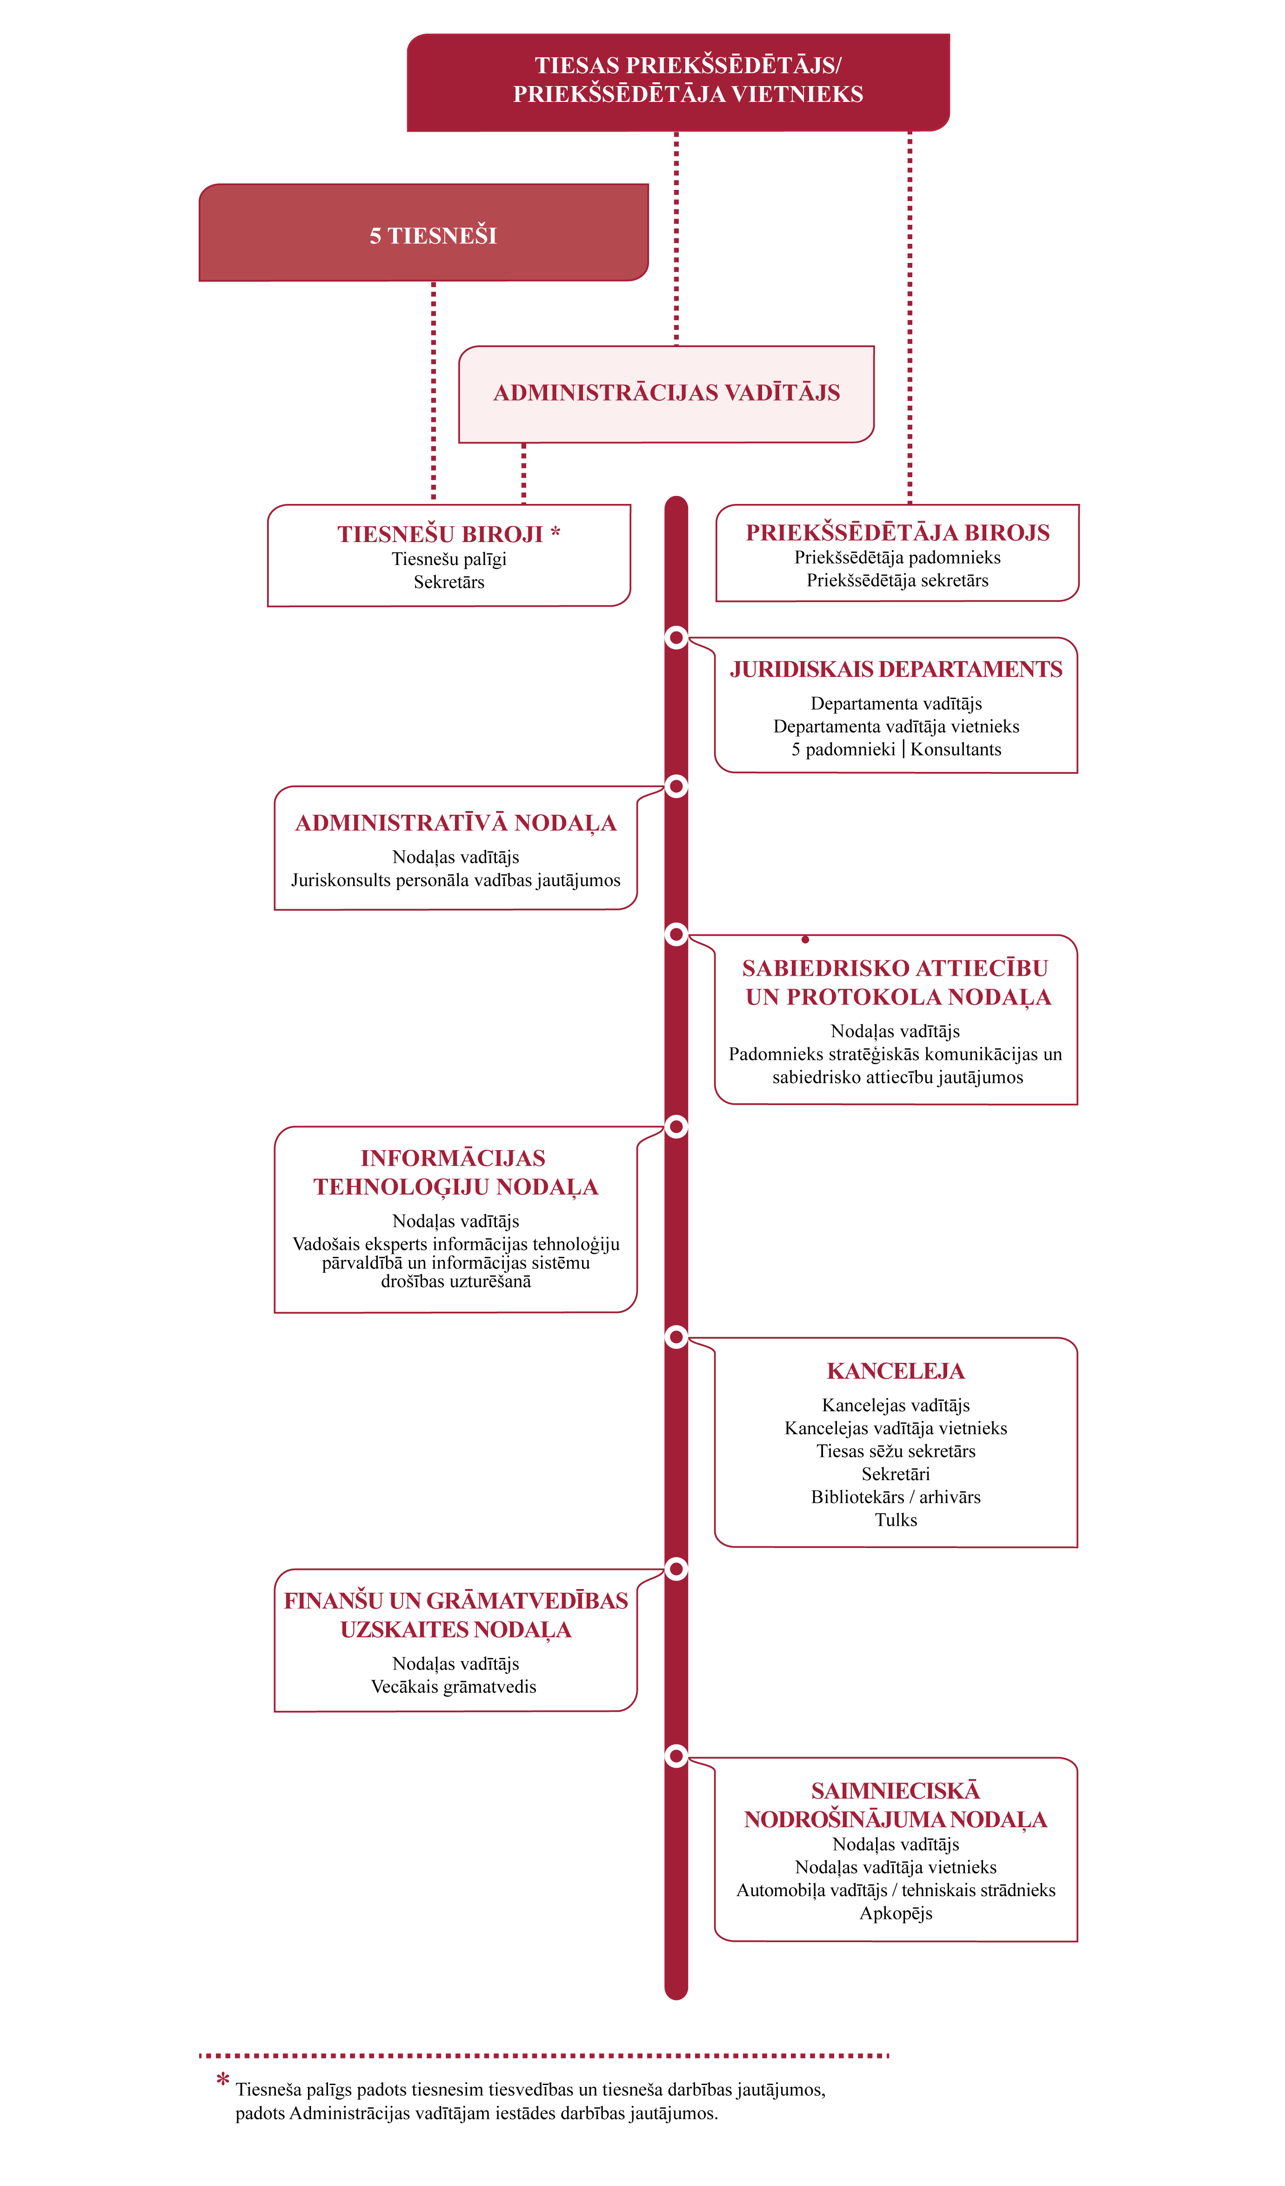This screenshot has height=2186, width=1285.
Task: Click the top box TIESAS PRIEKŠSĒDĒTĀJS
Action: click(x=678, y=82)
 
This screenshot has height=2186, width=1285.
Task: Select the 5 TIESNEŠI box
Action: click(x=424, y=233)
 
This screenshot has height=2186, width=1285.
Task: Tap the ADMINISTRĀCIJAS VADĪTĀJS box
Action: click(x=666, y=394)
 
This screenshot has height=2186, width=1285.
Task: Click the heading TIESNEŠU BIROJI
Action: click(x=441, y=534)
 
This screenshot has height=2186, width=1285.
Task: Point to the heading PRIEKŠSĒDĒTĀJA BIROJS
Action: click(x=897, y=533)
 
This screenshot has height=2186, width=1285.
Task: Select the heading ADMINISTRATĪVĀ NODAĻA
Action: click(x=455, y=823)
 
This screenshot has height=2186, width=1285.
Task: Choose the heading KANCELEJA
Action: click(x=896, y=1371)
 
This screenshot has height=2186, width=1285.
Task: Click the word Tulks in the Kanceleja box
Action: click(x=896, y=1520)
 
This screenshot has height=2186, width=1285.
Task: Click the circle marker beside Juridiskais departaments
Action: click(x=676, y=637)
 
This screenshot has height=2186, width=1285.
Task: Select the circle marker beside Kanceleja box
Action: click(x=676, y=1337)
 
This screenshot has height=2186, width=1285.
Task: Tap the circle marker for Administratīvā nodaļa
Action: click(x=676, y=786)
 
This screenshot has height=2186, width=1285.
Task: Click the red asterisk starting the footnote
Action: click(x=223, y=2080)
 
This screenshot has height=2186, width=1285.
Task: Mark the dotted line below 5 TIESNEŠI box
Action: click(x=434, y=390)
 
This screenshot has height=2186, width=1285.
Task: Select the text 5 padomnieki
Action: click(x=843, y=750)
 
